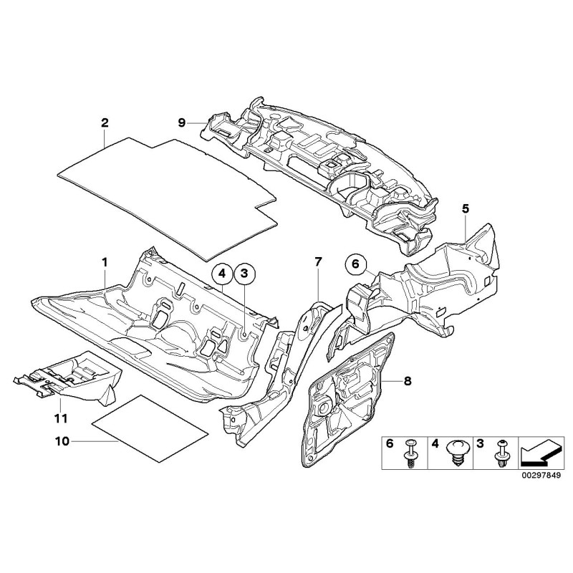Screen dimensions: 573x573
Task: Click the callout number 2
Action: point(105,122)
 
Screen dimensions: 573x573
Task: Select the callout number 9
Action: point(182,123)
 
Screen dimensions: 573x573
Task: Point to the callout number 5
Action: point(465,208)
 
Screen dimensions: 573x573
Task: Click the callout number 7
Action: point(319,263)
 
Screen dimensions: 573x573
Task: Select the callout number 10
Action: point(62,441)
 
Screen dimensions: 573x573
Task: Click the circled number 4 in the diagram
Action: point(222,273)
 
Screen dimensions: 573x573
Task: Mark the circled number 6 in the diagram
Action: point(355,264)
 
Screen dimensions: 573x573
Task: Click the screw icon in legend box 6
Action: point(411,452)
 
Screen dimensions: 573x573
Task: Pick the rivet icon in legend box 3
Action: point(501,452)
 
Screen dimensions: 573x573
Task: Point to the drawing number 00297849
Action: point(540,473)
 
